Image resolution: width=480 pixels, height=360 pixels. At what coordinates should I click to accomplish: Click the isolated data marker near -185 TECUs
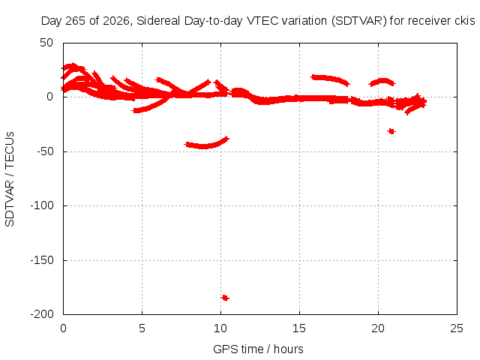(x=225, y=298)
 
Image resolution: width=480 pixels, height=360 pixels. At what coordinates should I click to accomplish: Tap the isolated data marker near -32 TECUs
(x=391, y=131)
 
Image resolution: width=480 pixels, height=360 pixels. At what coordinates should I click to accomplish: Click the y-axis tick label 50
(x=46, y=43)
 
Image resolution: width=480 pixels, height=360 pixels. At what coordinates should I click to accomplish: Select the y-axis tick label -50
(x=45, y=151)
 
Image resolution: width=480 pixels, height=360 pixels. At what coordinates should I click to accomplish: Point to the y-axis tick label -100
(x=42, y=205)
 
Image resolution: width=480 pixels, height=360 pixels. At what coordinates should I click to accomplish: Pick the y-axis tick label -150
(x=42, y=260)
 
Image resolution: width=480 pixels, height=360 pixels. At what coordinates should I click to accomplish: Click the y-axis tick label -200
(x=42, y=314)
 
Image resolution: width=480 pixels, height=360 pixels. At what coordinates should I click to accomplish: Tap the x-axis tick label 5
(x=142, y=328)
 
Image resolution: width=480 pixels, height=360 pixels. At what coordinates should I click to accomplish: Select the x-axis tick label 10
(x=220, y=328)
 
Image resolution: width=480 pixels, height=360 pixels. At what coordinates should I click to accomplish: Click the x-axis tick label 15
(x=299, y=328)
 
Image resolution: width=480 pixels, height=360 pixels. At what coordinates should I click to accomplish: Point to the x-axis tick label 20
(x=378, y=328)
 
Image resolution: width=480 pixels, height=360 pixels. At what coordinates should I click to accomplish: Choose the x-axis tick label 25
(x=457, y=328)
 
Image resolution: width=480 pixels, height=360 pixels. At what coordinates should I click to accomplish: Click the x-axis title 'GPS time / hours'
(x=258, y=349)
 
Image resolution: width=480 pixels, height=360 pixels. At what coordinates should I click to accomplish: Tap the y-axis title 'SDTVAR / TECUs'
(x=10, y=179)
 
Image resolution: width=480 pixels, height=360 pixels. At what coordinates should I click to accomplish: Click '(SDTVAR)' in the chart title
(x=359, y=21)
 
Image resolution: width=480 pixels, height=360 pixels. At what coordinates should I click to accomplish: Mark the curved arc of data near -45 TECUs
(x=205, y=145)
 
